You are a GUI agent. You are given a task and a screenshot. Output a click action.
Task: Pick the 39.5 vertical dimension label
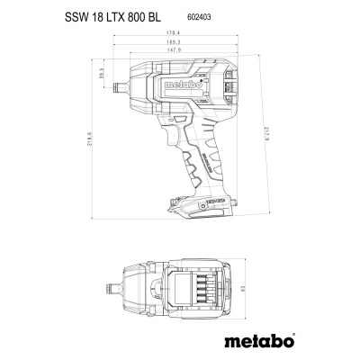tap(103, 74)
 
